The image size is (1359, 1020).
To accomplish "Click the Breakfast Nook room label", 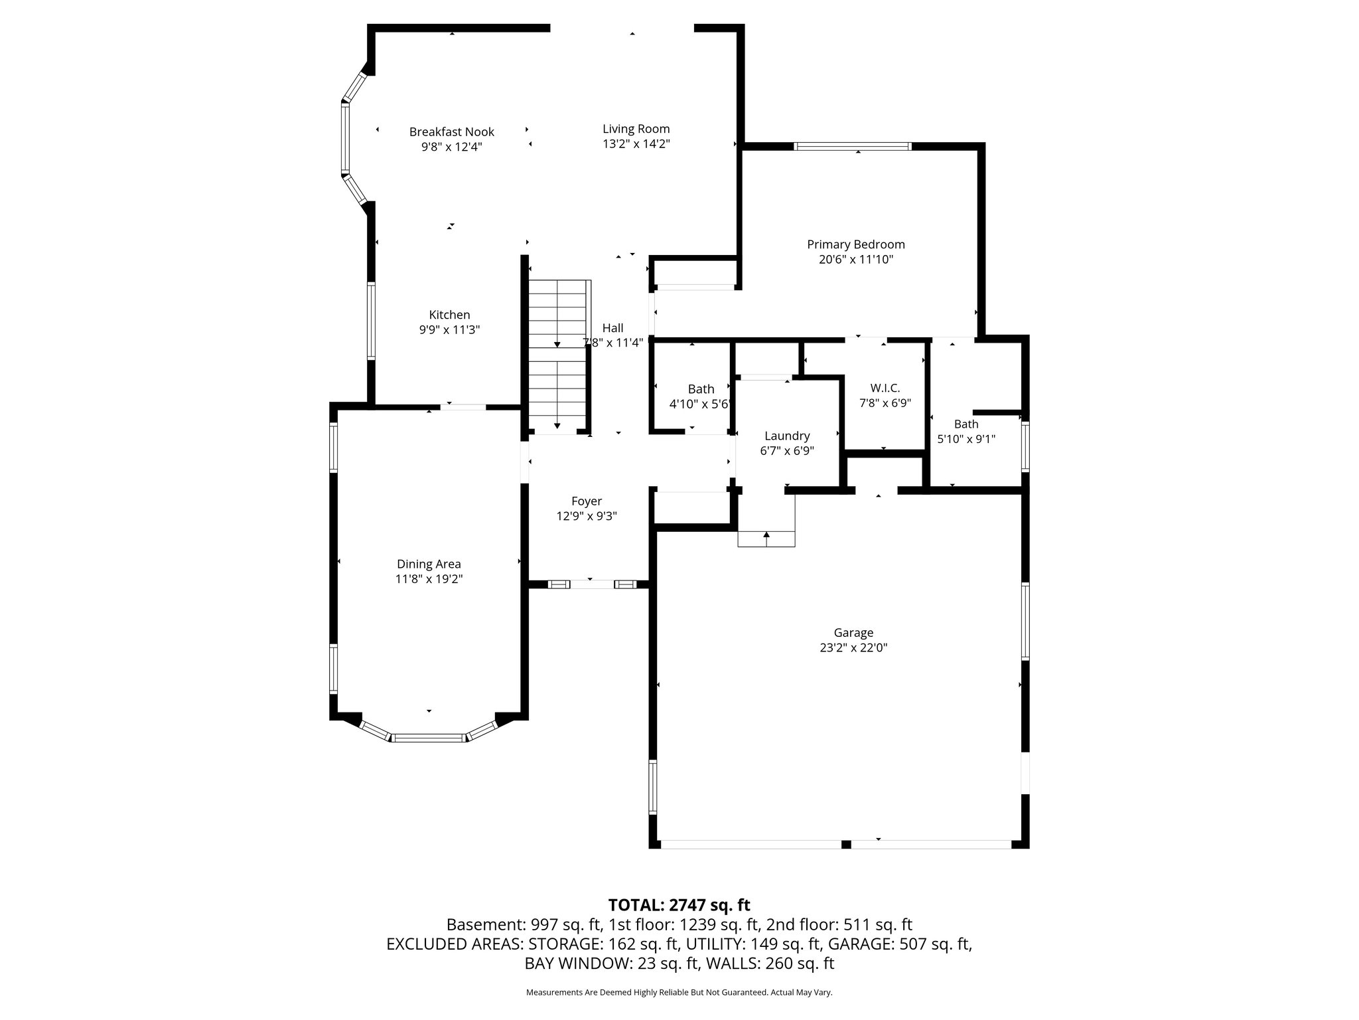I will [451, 132].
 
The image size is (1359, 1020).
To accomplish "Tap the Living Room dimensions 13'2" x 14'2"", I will [636, 144].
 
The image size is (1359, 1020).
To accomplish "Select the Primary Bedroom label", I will [855, 244].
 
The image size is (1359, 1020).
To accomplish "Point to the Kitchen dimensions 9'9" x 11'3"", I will [449, 329].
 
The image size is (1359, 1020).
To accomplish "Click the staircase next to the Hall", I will [558, 355].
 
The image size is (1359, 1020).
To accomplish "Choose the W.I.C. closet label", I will [885, 388].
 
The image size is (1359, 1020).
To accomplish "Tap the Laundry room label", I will [787, 436].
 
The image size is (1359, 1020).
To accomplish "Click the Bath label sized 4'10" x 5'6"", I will [701, 389].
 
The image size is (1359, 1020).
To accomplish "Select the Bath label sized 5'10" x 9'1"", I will [966, 424].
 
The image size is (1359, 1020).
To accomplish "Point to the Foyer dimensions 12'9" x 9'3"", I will [587, 516].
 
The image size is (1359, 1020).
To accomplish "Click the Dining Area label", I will [429, 564].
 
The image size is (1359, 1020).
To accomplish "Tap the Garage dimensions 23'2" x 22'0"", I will [853, 647].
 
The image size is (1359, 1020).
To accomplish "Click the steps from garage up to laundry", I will [766, 539].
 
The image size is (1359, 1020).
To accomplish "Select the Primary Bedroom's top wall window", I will [853, 147].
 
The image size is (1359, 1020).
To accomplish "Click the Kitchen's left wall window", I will [372, 321].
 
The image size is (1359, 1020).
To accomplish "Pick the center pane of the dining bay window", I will [429, 737].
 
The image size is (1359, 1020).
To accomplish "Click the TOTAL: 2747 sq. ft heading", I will [679, 905].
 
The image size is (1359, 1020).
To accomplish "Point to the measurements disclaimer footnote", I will [679, 992].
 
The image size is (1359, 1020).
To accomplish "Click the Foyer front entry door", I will [592, 584].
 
